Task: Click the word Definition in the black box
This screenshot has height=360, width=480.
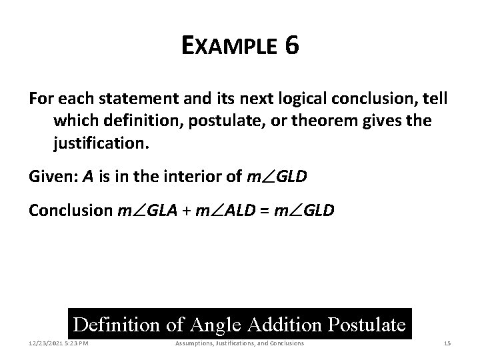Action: pyautogui.click(x=117, y=325)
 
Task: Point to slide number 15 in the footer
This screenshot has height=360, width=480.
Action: pyautogui.click(x=447, y=343)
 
